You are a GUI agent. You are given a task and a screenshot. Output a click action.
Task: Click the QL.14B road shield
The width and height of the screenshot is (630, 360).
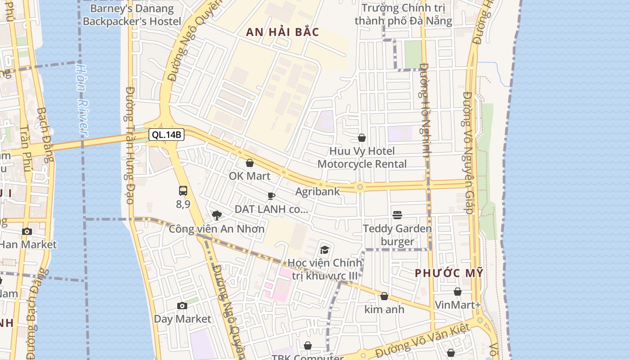166,135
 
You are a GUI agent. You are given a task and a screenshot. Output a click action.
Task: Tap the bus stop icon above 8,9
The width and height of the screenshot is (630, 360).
183,190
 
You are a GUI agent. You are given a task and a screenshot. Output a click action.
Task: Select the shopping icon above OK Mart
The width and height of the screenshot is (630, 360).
250,163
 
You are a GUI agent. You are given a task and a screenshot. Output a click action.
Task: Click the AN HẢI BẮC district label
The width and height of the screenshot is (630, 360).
283,32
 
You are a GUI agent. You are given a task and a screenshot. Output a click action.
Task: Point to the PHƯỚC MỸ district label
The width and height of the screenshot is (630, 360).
449,273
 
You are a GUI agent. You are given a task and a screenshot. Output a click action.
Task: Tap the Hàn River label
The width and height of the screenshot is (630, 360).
81,99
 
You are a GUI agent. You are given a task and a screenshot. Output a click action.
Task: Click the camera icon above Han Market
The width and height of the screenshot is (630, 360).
27,232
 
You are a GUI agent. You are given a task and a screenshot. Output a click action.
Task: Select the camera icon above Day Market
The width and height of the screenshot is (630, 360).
182,306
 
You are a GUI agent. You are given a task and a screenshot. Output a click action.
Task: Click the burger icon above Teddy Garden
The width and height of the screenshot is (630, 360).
397,215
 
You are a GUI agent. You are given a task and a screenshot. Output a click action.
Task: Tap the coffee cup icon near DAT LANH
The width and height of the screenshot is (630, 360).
271,196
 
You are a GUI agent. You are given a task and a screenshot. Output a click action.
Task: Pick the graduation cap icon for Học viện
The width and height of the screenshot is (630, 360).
324,250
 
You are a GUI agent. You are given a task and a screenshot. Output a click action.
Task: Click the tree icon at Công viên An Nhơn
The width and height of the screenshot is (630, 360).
216,215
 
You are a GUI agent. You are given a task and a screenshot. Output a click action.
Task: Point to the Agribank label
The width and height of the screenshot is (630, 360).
317,191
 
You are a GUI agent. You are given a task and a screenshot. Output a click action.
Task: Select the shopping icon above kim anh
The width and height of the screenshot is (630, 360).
384,296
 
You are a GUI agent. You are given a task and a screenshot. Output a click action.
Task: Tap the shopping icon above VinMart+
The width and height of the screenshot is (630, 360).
458,292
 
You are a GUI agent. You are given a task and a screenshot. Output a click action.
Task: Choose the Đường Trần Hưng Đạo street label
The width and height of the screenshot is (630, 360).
130,145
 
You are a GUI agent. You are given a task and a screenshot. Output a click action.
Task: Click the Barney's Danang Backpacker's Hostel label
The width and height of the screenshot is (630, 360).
132,15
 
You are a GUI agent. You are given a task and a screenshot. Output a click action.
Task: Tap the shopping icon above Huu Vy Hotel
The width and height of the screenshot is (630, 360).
362,138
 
